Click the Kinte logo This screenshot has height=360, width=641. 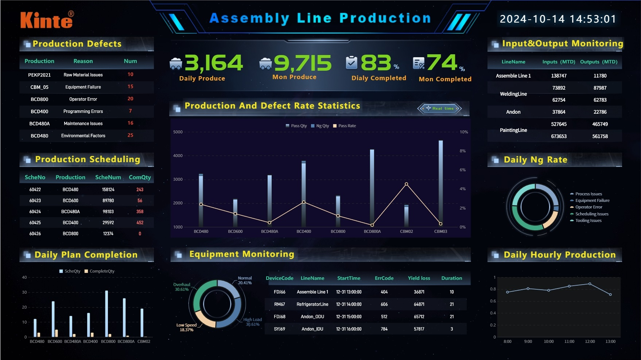pos(47,20)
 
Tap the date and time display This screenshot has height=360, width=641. pos(558,19)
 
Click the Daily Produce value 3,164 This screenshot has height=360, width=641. pos(214,63)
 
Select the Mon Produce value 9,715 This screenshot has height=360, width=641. pos(302,63)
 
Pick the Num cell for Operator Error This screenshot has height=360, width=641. pos(130,99)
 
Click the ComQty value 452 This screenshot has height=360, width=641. pos(140,223)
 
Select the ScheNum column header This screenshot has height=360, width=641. pos(108,177)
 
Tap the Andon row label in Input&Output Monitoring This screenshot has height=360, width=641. pos(513,112)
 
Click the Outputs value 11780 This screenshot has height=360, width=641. pos(600,76)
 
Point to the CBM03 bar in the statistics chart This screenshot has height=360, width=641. pos(440,182)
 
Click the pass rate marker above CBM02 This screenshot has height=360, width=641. pos(406,184)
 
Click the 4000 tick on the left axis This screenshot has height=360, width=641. pos(178,156)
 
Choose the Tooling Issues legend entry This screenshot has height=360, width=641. pos(588,220)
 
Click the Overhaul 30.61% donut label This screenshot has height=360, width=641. pos(182,287)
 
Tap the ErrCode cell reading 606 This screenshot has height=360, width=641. pos(384,304)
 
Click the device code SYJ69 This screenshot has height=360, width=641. pos(279,329)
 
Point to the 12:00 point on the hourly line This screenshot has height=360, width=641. pos(590,284)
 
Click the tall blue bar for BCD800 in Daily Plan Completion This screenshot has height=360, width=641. pos(106,313)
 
